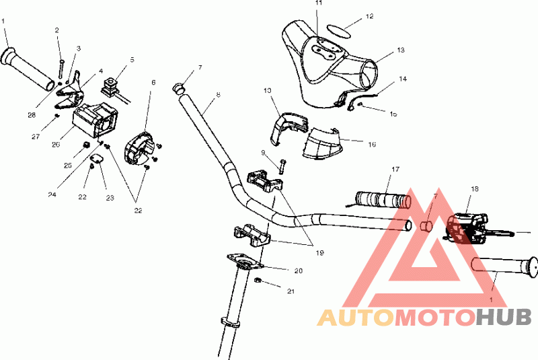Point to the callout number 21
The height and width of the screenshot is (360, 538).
pos(291,291)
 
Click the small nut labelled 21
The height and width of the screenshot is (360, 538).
pos(259,280)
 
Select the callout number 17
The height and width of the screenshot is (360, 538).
pos(395,168)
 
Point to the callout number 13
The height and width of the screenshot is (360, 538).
pos(401,50)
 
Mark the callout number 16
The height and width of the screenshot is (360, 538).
pos(372,143)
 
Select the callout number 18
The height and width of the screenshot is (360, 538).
pos(474,189)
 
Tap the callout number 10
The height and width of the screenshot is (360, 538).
pos(267,90)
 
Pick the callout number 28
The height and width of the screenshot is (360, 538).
pos(32,115)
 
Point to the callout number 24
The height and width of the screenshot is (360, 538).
pos(52,195)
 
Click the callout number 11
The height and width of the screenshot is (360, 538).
pos(319,3)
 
